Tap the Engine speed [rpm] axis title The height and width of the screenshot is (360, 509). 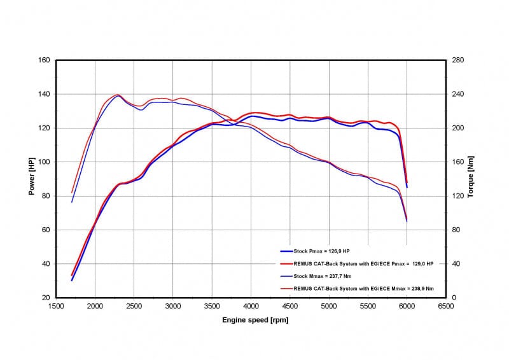click(251, 319)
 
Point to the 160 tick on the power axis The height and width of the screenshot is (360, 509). click(45, 60)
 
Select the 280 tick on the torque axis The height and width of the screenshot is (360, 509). click(458, 60)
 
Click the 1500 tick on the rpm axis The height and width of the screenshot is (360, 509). click(56, 306)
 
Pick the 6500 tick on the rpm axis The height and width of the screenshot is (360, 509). click(446, 306)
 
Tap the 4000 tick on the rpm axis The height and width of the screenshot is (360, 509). click(251, 306)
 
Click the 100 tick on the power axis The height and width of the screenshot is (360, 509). click(45, 162)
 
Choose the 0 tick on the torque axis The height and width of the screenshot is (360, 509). click(454, 298)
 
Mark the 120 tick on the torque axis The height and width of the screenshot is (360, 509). click(458, 196)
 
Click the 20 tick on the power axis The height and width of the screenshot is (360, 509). click(46, 298)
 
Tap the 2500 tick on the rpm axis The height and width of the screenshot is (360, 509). click(134, 306)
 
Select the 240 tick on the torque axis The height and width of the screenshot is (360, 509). click(458, 94)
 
